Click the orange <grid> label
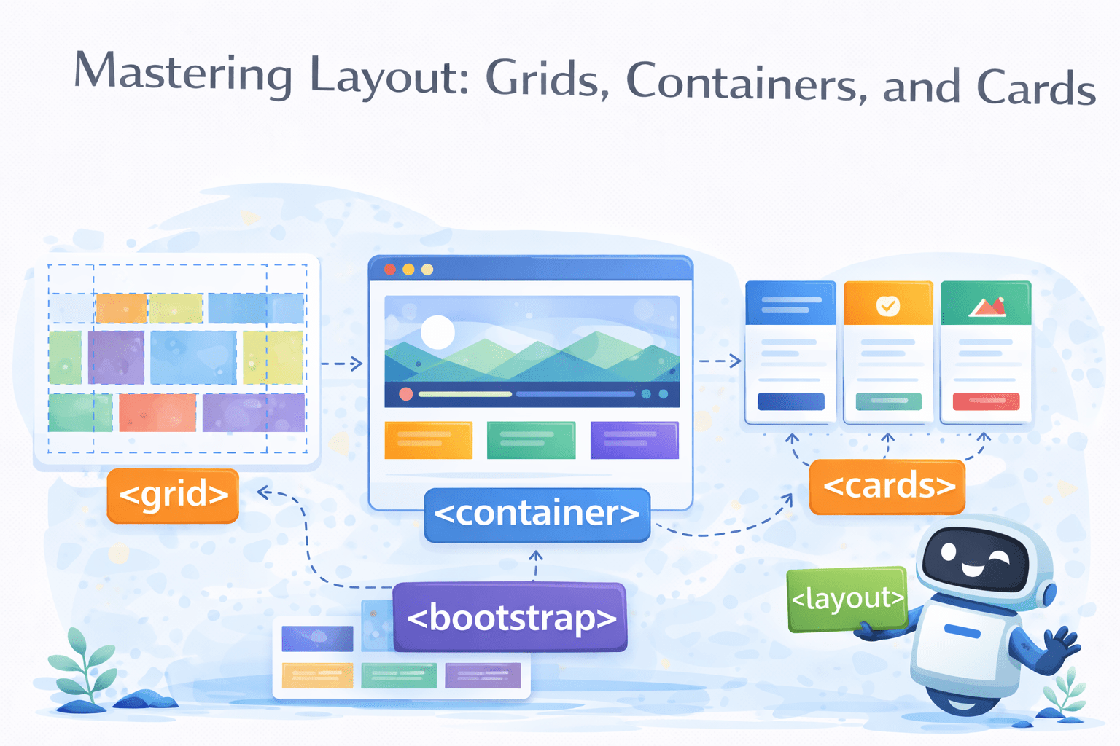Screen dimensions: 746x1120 pos(173,495)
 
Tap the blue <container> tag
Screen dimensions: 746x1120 pos(537,514)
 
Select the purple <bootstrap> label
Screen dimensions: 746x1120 pos(510,618)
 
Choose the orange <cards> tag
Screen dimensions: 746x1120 pos(887,487)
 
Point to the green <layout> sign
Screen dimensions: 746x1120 pos(847,599)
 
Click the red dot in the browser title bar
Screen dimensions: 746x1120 pos(390,270)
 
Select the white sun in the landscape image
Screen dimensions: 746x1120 pos(437,332)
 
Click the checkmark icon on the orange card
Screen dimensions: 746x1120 pos(887,305)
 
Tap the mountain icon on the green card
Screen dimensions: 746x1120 pos(987,307)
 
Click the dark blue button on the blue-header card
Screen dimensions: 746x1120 pos(790,401)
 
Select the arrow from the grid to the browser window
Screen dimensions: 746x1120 pos(342,364)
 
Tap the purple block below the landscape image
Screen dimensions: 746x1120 pos(634,440)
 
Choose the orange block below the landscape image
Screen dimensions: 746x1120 pos(428,440)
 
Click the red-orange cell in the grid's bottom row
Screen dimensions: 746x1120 pos(157,413)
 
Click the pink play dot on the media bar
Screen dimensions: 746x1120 pos(406,394)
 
